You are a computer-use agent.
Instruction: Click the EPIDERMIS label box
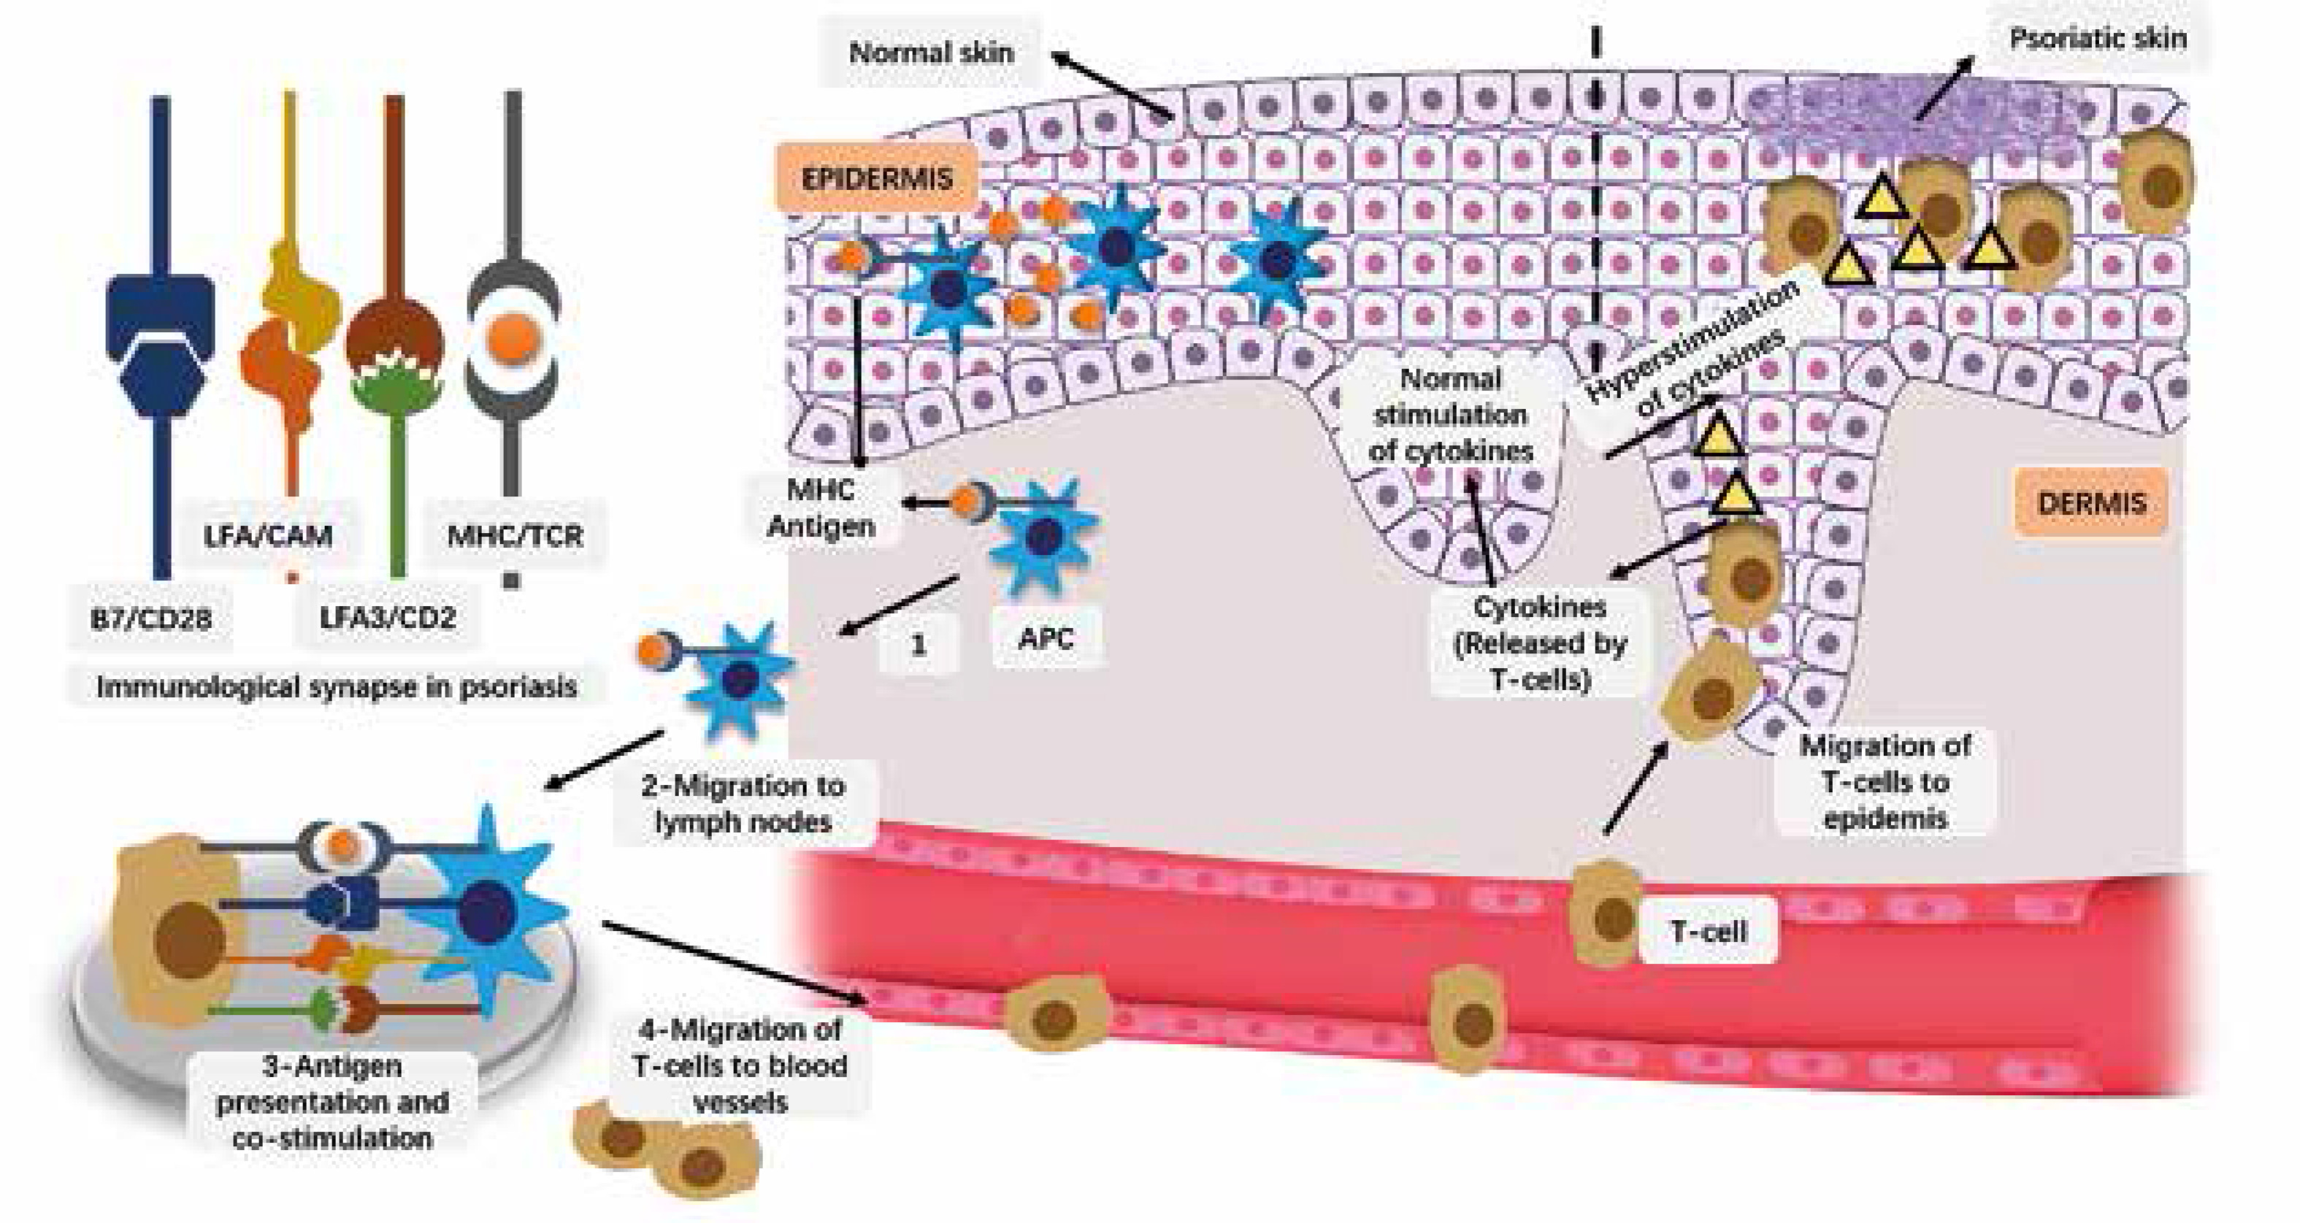coord(877,179)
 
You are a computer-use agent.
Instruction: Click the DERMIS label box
coord(2091,504)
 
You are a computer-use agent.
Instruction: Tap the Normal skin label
coord(931,53)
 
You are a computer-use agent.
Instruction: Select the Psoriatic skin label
coord(2097,39)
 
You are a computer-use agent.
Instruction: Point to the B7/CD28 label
coord(151,618)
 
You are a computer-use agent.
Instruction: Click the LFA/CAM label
coord(268,536)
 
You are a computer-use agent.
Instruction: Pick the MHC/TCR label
coord(514,536)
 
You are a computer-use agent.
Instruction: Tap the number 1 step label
coord(918,645)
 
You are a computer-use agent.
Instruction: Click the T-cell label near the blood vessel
coord(1708,932)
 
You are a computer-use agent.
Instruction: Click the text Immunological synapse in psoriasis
coord(337,687)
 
